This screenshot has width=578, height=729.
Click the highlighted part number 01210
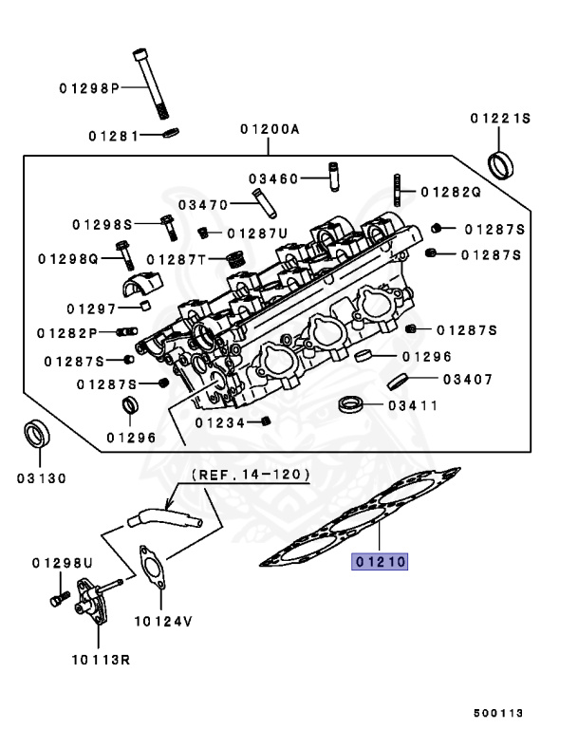click(381, 562)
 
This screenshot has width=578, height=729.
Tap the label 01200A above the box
click(269, 128)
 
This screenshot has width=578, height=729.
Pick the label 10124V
click(162, 622)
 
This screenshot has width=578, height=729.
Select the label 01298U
click(61, 563)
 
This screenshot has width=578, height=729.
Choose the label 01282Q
click(451, 191)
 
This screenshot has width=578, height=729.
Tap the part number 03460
click(273, 178)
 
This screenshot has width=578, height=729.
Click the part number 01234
click(220, 421)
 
